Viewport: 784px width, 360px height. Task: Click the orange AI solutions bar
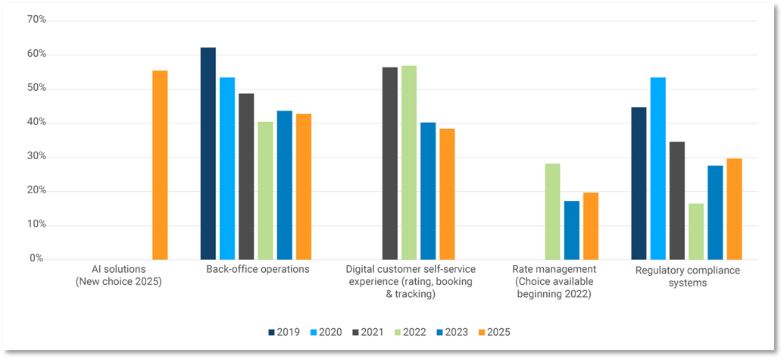point(160,165)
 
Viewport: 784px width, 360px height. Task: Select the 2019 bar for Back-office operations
point(208,153)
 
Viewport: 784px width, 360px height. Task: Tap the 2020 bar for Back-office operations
point(227,168)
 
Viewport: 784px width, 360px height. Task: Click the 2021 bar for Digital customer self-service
point(389,163)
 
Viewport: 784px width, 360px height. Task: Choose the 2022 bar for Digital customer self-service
point(409,162)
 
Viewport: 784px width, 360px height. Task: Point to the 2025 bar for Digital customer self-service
point(447,194)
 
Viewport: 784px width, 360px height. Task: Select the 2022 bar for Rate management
point(552,211)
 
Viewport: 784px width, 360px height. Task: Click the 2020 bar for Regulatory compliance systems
point(657,168)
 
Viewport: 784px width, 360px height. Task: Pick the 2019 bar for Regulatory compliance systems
point(639,183)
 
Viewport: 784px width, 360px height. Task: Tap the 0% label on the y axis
point(37,258)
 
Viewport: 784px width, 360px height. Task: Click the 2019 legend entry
point(283,332)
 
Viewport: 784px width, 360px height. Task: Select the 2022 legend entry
point(409,332)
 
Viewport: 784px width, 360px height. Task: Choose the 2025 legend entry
point(493,332)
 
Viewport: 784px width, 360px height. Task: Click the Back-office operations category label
point(258,269)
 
